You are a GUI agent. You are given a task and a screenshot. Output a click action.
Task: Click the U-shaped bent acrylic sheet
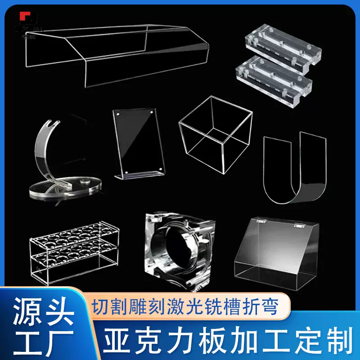click(x=295, y=166)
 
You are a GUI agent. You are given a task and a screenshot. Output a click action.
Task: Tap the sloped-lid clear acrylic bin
click(x=279, y=254)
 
